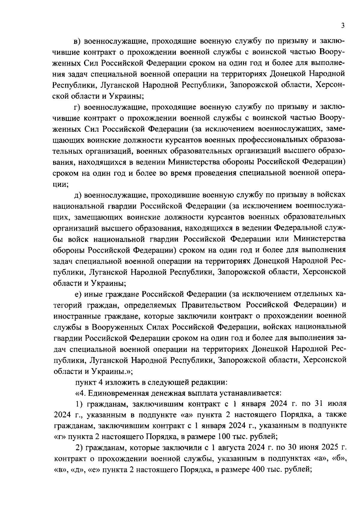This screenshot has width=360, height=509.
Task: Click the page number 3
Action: click(342, 26)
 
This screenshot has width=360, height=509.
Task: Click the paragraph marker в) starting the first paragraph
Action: click(78, 41)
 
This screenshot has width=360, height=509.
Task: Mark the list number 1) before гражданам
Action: click(79, 404)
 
